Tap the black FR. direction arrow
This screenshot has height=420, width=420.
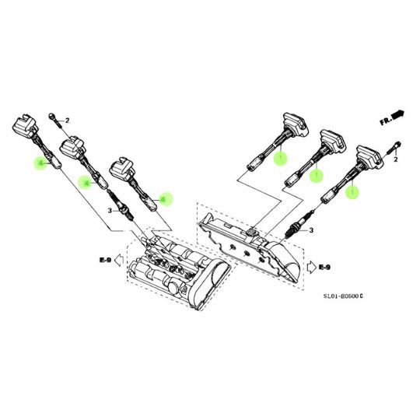point(398,115)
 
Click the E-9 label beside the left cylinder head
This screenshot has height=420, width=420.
point(104,259)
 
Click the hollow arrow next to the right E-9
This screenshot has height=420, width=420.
point(311,268)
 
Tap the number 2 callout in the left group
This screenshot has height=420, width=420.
point(68,121)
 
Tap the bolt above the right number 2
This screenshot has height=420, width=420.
point(396,145)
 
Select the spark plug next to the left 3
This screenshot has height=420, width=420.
point(129,208)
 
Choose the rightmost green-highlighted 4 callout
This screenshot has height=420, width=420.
point(163,199)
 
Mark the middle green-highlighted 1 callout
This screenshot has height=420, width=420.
point(316,176)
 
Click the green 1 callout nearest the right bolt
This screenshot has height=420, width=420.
point(352,189)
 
